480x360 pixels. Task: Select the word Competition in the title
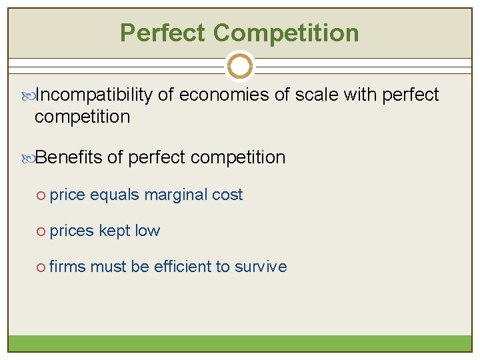287,33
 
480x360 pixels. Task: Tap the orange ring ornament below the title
240,66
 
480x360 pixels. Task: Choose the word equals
115,195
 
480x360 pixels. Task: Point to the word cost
227,195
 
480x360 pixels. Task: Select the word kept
114,231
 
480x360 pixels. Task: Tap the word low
147,231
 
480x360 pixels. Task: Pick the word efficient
182,267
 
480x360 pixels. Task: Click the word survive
261,267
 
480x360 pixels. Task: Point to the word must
108,267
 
